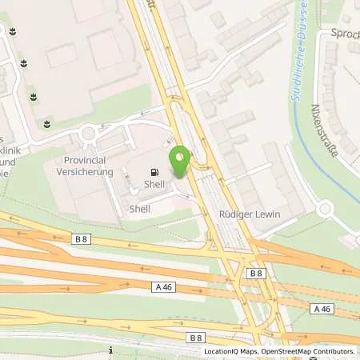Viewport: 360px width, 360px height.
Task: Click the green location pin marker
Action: coord(180,158)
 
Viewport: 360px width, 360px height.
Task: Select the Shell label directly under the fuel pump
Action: coord(154,183)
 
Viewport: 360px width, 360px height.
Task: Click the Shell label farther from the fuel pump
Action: coord(140,209)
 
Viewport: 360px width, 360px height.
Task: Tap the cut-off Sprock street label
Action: coord(345,34)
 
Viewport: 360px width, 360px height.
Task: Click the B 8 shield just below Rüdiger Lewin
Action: coord(254,274)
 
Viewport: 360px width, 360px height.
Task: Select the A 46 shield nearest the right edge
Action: coord(322,309)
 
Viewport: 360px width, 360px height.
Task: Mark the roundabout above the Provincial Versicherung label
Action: coord(87,133)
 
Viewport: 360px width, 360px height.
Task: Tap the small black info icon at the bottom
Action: coord(110,350)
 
